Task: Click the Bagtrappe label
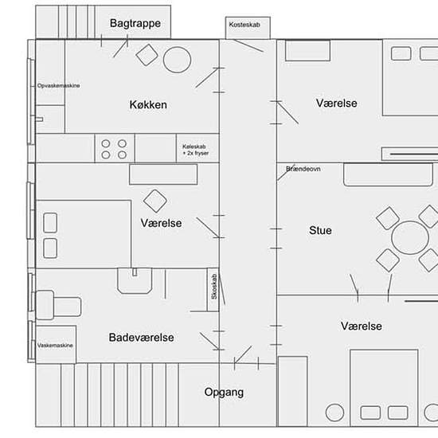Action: point(135,23)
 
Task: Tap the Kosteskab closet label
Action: point(244,25)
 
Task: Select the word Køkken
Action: point(148,105)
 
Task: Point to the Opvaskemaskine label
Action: point(58,85)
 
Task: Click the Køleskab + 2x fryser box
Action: point(197,148)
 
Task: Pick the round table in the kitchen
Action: point(177,60)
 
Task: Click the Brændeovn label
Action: point(303,169)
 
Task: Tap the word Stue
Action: point(320,230)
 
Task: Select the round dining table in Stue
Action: point(410,238)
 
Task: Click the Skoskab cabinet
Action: point(213,290)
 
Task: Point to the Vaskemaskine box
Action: point(56,344)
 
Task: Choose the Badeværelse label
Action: point(141,338)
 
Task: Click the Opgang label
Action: point(224,393)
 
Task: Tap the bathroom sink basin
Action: point(135,281)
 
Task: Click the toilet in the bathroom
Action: point(58,305)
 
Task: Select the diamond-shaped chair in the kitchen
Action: point(147,55)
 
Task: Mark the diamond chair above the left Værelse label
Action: point(155,201)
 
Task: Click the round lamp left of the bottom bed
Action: point(334,413)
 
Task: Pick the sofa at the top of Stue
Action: point(388,175)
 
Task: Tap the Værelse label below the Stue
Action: point(362,327)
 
